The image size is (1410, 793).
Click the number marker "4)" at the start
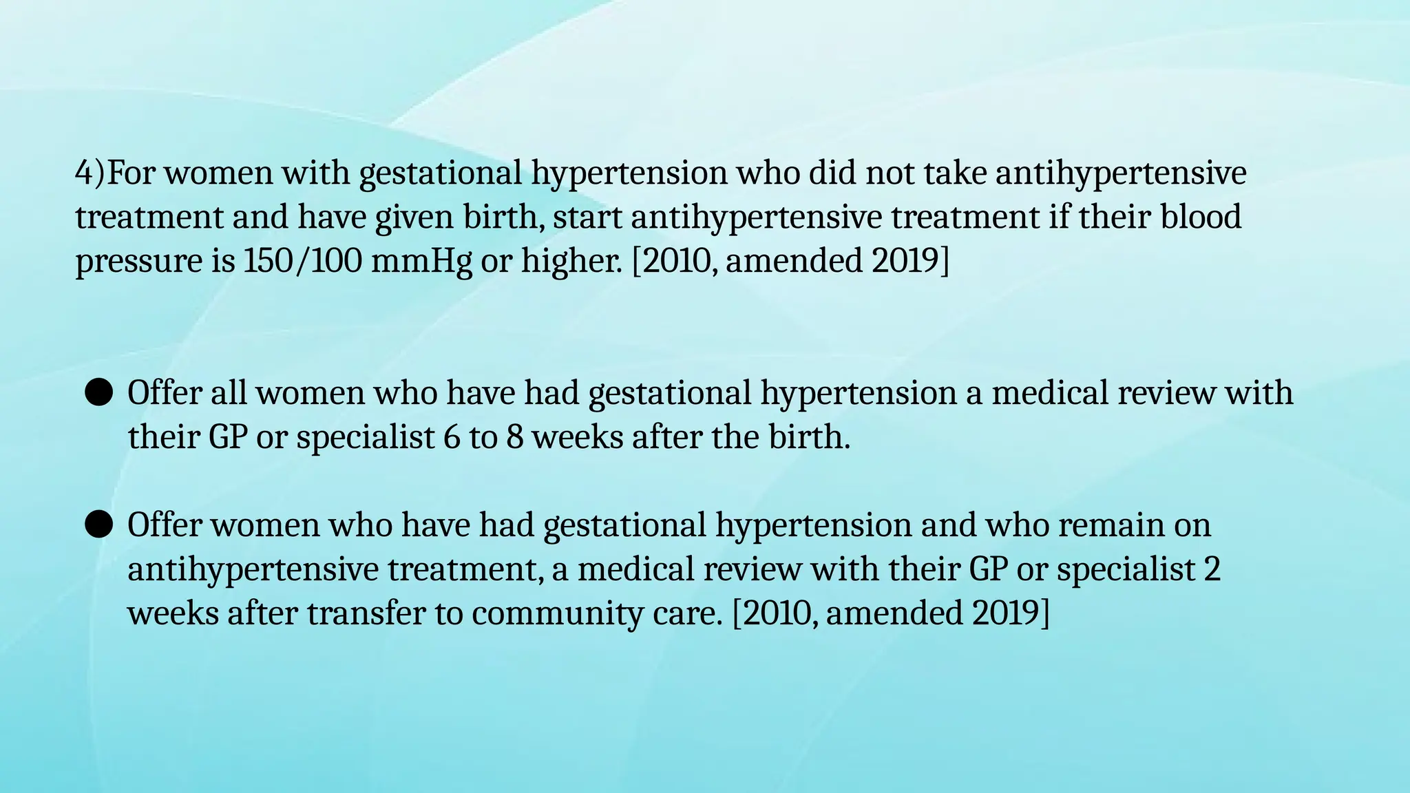[90, 173]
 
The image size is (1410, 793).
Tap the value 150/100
[302, 261]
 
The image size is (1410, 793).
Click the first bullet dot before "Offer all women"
[98, 394]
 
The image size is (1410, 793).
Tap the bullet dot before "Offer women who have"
[98, 525]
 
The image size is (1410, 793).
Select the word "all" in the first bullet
[229, 393]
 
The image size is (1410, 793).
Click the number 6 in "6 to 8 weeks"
[452, 437]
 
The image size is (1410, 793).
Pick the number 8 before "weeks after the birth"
[515, 437]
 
